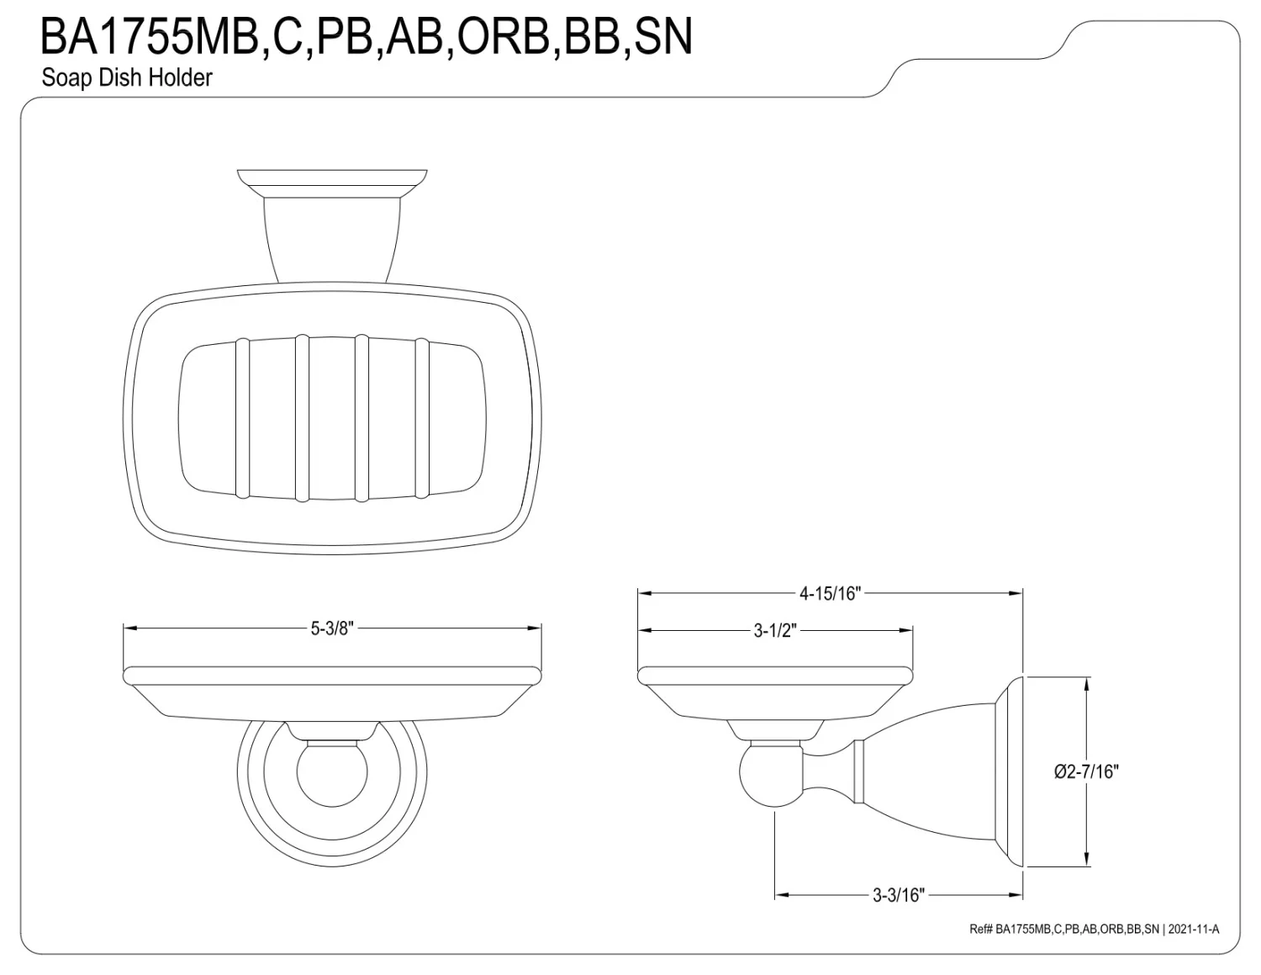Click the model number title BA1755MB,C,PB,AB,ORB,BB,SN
tap(367, 37)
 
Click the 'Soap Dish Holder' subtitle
tap(127, 77)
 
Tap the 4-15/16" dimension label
tap(831, 593)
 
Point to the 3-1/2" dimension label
tap(774, 630)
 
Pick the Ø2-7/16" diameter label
tap(1087, 771)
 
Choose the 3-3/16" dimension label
tap(898, 895)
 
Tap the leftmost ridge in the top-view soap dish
tap(242, 417)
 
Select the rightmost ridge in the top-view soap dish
tap(423, 417)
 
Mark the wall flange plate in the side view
tap(1010, 771)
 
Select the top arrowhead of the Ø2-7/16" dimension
tap(1089, 683)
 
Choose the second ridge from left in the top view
tap(303, 417)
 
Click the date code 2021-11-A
tap(1193, 929)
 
